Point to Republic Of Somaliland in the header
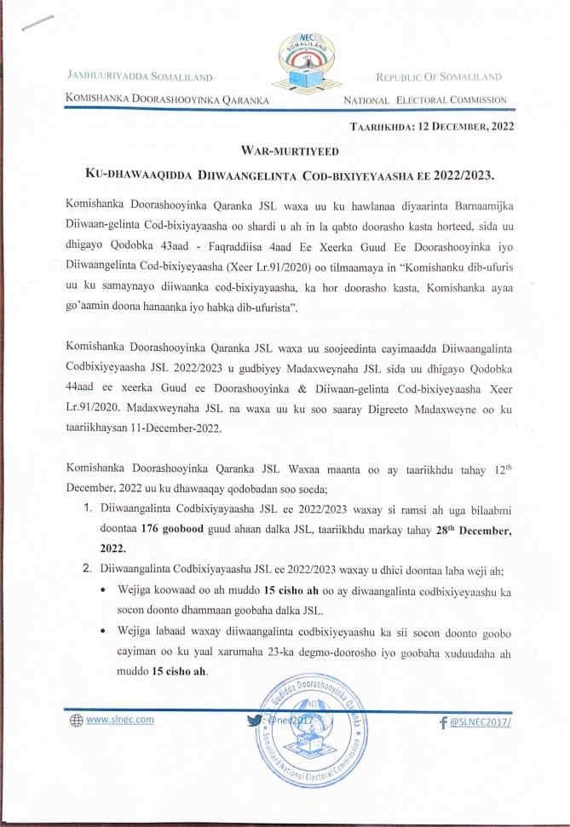(x=439, y=77)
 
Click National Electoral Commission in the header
(x=424, y=100)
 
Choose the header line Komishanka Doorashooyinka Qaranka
(x=167, y=100)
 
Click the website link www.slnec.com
(x=120, y=719)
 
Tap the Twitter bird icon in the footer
(x=254, y=721)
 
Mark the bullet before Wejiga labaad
(x=103, y=631)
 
